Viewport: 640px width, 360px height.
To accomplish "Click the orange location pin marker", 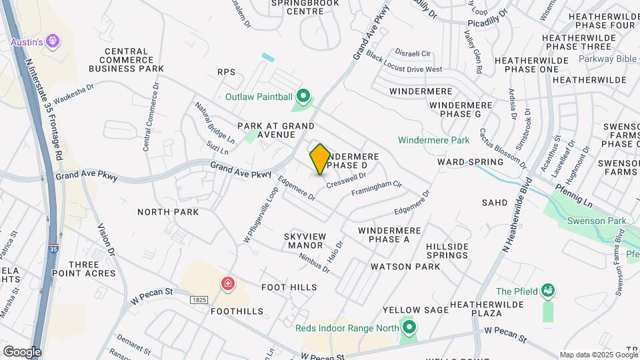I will [x=320, y=159].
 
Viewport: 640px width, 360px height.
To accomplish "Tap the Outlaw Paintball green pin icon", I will [x=303, y=98].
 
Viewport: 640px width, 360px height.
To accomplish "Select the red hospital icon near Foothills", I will [x=228, y=285].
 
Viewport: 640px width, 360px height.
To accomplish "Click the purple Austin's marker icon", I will [x=53, y=42].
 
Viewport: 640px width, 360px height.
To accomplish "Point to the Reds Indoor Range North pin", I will [x=409, y=327].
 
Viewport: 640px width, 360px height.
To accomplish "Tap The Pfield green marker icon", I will [x=548, y=291].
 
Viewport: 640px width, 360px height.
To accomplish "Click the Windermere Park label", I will [x=434, y=140].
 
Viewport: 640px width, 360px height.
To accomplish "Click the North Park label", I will [x=168, y=212].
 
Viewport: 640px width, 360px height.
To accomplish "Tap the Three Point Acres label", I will [x=92, y=269].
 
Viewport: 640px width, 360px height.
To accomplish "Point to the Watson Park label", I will [x=405, y=267].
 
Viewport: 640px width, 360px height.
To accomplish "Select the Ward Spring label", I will [x=470, y=162].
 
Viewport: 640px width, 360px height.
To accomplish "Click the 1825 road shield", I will [x=197, y=301].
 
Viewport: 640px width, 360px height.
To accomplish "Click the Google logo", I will [x=22, y=351].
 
